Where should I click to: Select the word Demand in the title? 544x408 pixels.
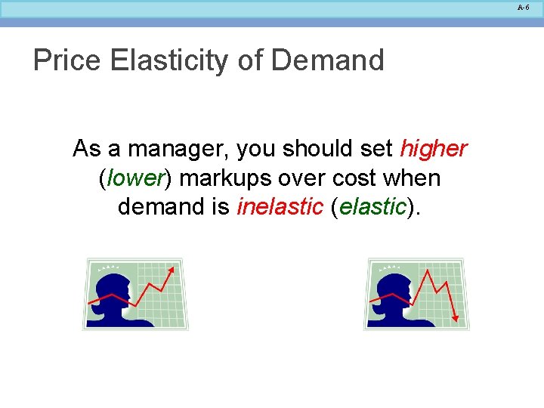326,60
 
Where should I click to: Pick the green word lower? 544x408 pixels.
136,178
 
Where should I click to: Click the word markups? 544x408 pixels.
218,178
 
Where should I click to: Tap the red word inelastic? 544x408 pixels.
280,207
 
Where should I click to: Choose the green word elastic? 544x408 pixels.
372,207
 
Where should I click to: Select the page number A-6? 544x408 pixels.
524,8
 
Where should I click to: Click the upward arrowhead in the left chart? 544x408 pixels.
172,270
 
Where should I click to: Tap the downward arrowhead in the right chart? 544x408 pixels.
455,318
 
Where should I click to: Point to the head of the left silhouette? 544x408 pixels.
116,287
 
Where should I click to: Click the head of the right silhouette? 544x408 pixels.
398,287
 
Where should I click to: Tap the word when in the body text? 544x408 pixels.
414,178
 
